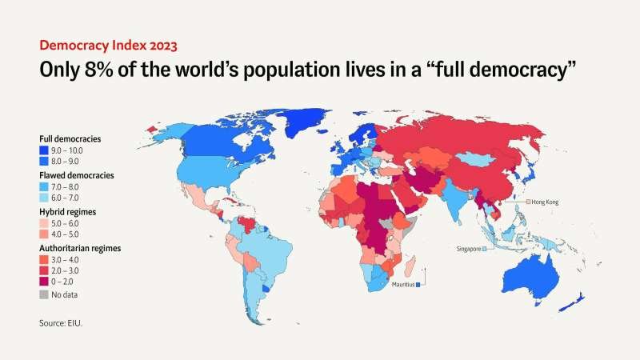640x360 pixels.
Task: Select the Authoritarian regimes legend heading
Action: (x=80, y=248)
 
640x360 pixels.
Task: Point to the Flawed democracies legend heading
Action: (x=76, y=174)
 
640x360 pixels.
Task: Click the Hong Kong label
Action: (x=545, y=202)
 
